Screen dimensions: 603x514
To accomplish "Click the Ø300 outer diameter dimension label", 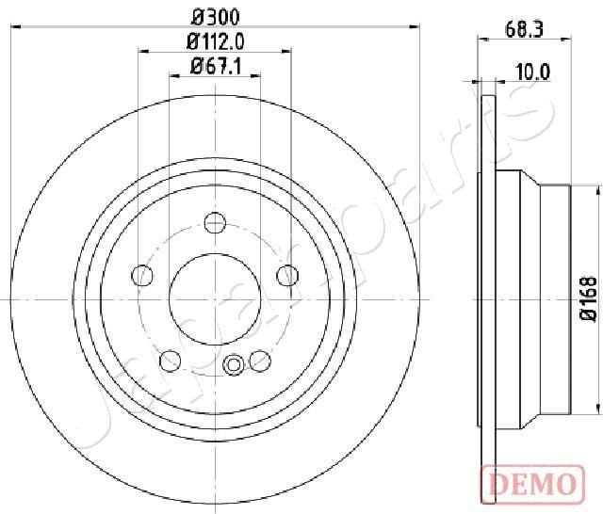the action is click(x=216, y=17).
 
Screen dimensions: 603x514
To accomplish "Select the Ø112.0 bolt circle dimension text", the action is click(x=216, y=41).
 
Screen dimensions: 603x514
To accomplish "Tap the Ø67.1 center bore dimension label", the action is click(x=216, y=67).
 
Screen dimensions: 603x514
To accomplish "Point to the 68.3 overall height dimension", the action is click(x=524, y=29).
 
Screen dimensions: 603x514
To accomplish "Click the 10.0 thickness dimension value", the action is click(x=533, y=72).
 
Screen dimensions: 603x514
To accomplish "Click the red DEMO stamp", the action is click(x=532, y=483).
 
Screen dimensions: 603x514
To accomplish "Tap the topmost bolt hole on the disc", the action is click(x=215, y=222).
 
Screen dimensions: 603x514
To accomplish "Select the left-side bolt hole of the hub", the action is click(x=142, y=275).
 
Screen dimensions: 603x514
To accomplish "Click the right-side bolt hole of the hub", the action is click(x=287, y=275).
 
